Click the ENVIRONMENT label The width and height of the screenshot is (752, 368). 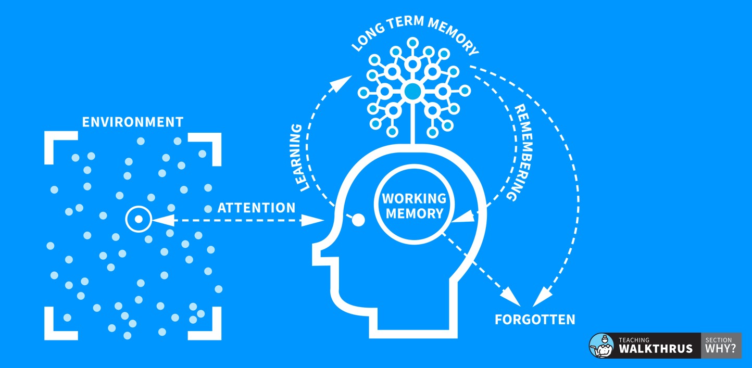(x=133, y=122)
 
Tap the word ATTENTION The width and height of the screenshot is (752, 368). (x=256, y=208)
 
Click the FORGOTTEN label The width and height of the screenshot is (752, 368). (x=535, y=319)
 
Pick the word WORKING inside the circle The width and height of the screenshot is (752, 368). (x=414, y=198)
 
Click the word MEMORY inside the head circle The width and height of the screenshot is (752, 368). (x=414, y=213)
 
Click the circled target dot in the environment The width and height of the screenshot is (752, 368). (x=138, y=219)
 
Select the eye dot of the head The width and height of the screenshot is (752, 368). (x=358, y=220)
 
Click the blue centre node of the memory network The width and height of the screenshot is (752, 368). (x=412, y=91)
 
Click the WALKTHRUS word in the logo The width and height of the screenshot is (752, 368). (x=656, y=348)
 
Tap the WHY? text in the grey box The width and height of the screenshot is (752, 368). (x=721, y=349)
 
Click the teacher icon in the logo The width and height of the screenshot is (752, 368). (x=602, y=345)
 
